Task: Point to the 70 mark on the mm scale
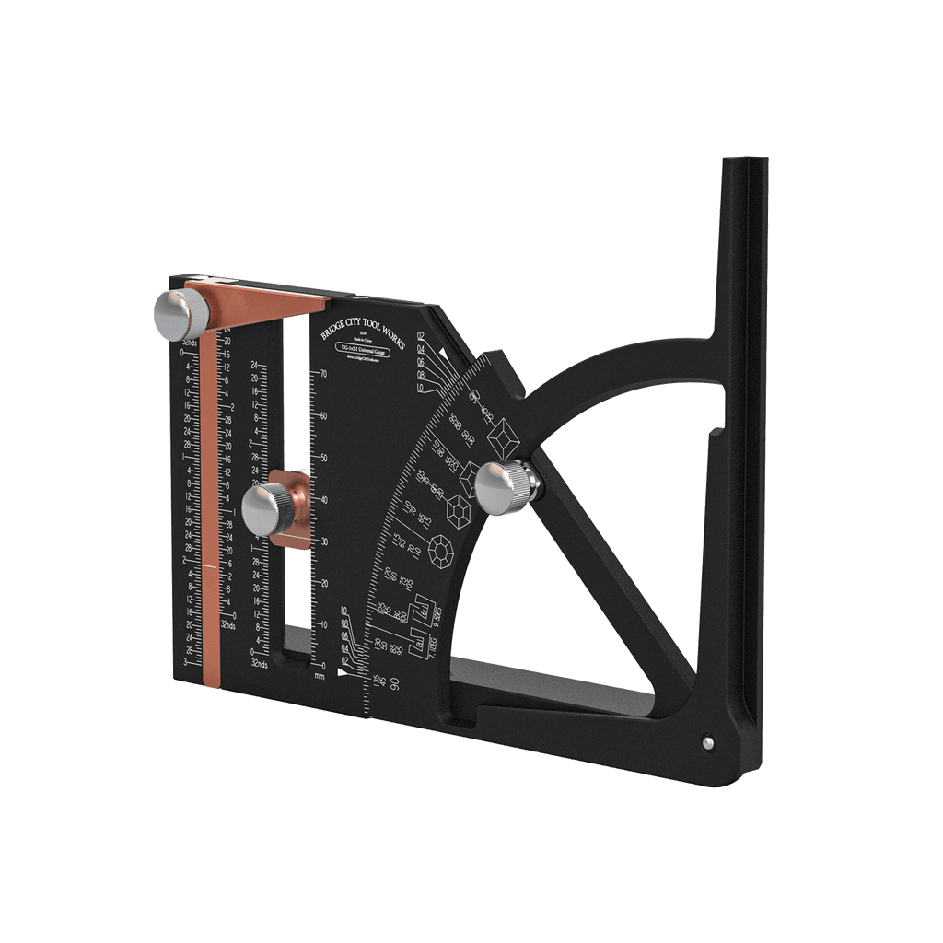click(323, 374)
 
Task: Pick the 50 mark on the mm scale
click(323, 458)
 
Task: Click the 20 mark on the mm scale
click(323, 583)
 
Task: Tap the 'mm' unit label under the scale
click(320, 677)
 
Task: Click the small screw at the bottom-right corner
click(706, 739)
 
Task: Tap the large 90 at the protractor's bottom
click(394, 683)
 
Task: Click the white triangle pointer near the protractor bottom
click(343, 673)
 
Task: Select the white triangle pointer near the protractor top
click(444, 353)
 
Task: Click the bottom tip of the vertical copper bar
click(210, 683)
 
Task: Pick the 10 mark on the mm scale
click(323, 624)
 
